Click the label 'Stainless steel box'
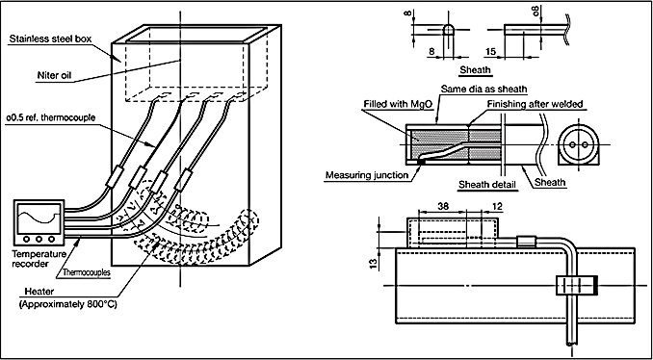[50, 39]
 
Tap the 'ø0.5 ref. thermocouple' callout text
[51, 117]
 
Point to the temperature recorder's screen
[39, 218]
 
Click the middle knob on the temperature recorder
[39, 240]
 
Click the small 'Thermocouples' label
[87, 273]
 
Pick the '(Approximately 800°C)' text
[68, 304]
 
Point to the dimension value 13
[374, 263]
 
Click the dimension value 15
[490, 51]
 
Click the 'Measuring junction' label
[367, 175]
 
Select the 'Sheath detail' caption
[488, 184]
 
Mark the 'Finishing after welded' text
[535, 105]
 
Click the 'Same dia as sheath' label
[484, 89]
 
